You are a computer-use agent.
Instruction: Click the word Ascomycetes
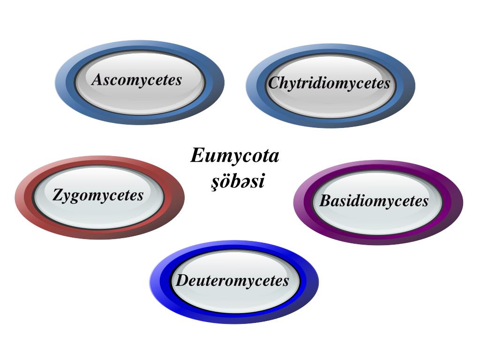(x=137, y=80)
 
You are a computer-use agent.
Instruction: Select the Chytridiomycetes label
(x=329, y=83)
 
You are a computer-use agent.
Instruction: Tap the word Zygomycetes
(x=98, y=195)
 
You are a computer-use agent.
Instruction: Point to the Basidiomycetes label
(x=374, y=201)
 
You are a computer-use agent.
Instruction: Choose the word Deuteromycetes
(x=232, y=281)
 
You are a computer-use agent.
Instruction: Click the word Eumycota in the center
(x=234, y=155)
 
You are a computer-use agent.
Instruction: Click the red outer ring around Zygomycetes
(x=23, y=197)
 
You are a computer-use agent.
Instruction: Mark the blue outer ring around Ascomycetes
(x=63, y=82)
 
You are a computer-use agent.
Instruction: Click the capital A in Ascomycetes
(x=97, y=79)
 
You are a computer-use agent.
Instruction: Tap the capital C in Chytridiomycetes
(x=274, y=83)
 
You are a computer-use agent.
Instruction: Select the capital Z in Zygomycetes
(x=58, y=195)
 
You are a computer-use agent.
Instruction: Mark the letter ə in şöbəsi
(x=244, y=181)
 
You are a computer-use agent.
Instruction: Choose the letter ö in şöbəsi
(x=224, y=180)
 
